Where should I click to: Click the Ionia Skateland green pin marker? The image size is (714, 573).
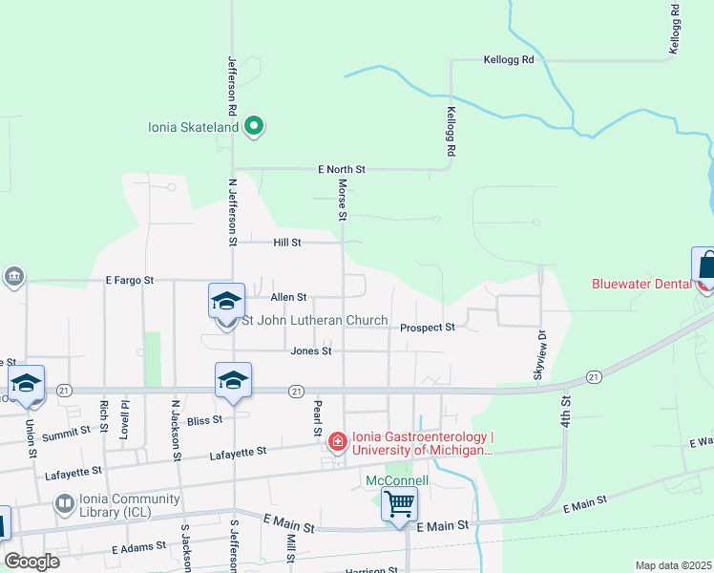click(253, 125)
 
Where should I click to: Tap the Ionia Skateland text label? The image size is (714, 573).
click(195, 126)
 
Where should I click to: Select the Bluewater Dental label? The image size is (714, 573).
click(644, 284)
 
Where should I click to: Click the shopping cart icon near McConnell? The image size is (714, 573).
click(400, 502)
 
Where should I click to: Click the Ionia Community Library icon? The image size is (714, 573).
click(64, 502)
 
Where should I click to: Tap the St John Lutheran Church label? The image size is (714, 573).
click(316, 321)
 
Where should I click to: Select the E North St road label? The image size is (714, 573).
click(342, 169)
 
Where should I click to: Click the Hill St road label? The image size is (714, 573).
click(287, 243)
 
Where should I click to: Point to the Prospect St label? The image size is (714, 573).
click(428, 328)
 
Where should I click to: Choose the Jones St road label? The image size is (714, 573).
click(311, 351)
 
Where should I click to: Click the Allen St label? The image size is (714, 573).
click(288, 298)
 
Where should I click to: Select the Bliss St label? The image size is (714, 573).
click(204, 419)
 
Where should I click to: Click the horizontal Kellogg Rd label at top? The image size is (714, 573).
click(508, 59)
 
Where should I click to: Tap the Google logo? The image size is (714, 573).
click(31, 562)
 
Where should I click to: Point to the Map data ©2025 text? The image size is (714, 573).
click(673, 565)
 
